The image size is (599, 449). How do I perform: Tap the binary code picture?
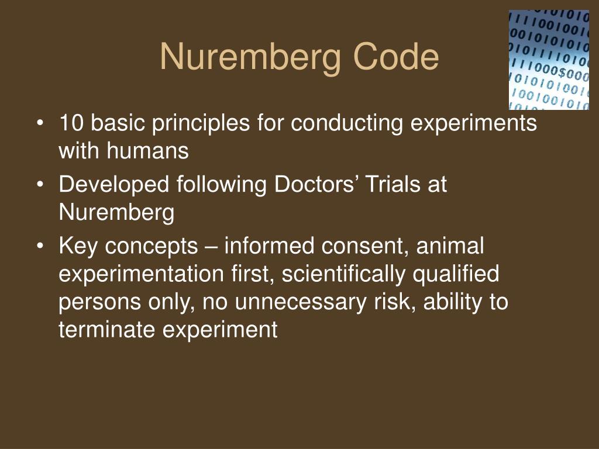[549, 60]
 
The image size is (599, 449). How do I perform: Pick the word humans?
[148, 151]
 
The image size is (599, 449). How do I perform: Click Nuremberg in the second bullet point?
[116, 213]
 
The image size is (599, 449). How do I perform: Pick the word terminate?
[108, 330]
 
